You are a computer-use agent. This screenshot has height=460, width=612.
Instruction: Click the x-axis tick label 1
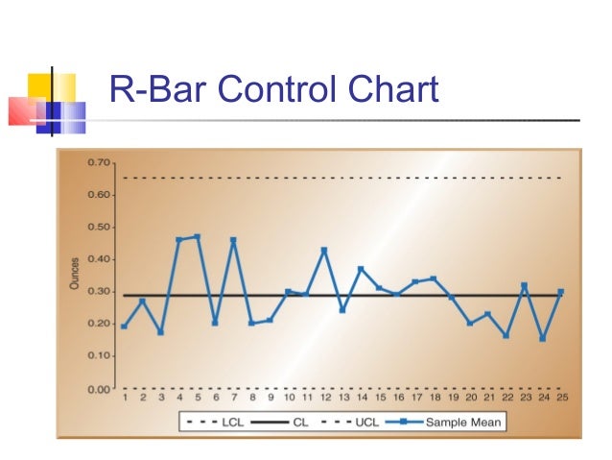tap(124, 397)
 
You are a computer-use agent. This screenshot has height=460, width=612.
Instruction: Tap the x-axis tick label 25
tap(560, 397)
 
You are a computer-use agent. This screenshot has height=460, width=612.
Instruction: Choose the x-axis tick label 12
tap(324, 397)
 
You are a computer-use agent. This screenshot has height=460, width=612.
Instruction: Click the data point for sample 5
tap(197, 236)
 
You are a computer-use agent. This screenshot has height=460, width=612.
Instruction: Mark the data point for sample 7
tap(233, 239)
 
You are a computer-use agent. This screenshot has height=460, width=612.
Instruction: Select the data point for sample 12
tap(324, 250)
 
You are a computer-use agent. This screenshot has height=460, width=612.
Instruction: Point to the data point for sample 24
tap(542, 338)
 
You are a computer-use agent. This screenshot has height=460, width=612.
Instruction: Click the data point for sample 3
tap(160, 332)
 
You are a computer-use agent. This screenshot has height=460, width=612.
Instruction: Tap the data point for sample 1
tap(124, 327)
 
